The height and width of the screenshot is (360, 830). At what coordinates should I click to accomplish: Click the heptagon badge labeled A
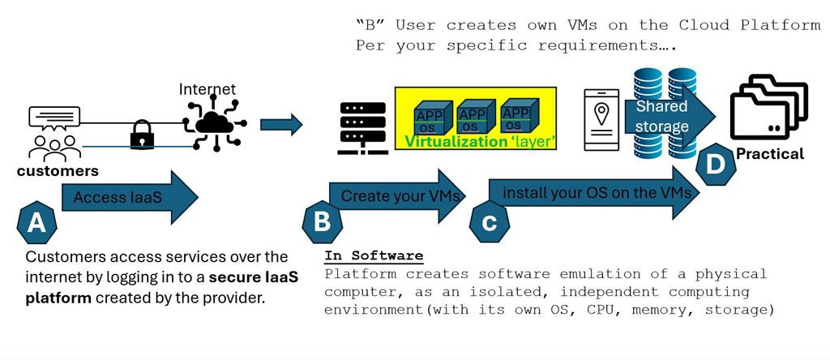36,221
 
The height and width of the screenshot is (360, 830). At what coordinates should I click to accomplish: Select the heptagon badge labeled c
490,222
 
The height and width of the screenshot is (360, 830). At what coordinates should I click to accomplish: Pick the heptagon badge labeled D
716,165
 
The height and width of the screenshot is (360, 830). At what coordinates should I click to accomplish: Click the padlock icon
142,135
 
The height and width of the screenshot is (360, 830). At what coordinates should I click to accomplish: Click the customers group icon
54,134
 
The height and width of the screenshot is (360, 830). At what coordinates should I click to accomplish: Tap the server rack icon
362,128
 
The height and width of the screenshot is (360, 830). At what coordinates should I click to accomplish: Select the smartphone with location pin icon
601,119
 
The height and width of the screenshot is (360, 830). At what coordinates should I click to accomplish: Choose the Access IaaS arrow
130,197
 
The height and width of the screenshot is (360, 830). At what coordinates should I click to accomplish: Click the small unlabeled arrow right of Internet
280,124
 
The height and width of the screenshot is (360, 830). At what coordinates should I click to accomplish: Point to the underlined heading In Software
374,255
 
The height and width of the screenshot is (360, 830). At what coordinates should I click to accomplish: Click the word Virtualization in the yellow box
456,142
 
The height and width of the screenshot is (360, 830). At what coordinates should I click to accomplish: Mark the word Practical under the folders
770,153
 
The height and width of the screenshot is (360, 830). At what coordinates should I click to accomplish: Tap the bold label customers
58,171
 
